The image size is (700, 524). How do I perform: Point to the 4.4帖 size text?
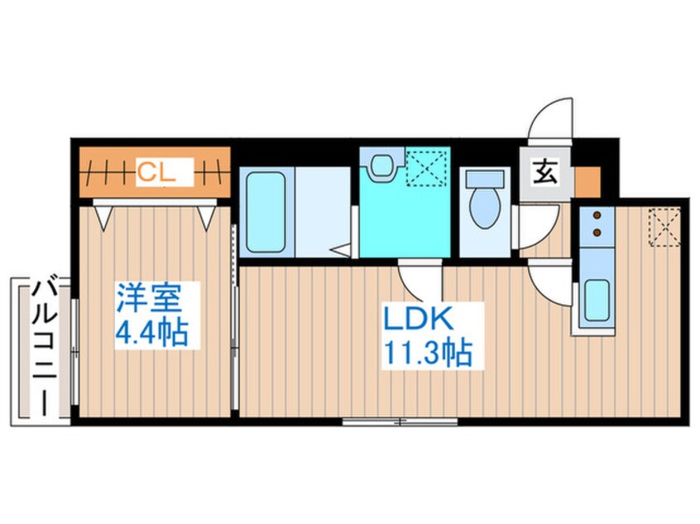(x=151, y=332)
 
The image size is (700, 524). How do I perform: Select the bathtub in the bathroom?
(x=266, y=212)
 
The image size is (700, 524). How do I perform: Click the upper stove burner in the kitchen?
(x=596, y=217)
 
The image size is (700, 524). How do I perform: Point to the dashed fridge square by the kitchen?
(x=664, y=227)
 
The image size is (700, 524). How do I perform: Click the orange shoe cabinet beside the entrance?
(x=586, y=179)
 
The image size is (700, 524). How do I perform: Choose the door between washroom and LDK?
(x=421, y=279)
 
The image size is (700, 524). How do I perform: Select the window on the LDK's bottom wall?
(x=400, y=422)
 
